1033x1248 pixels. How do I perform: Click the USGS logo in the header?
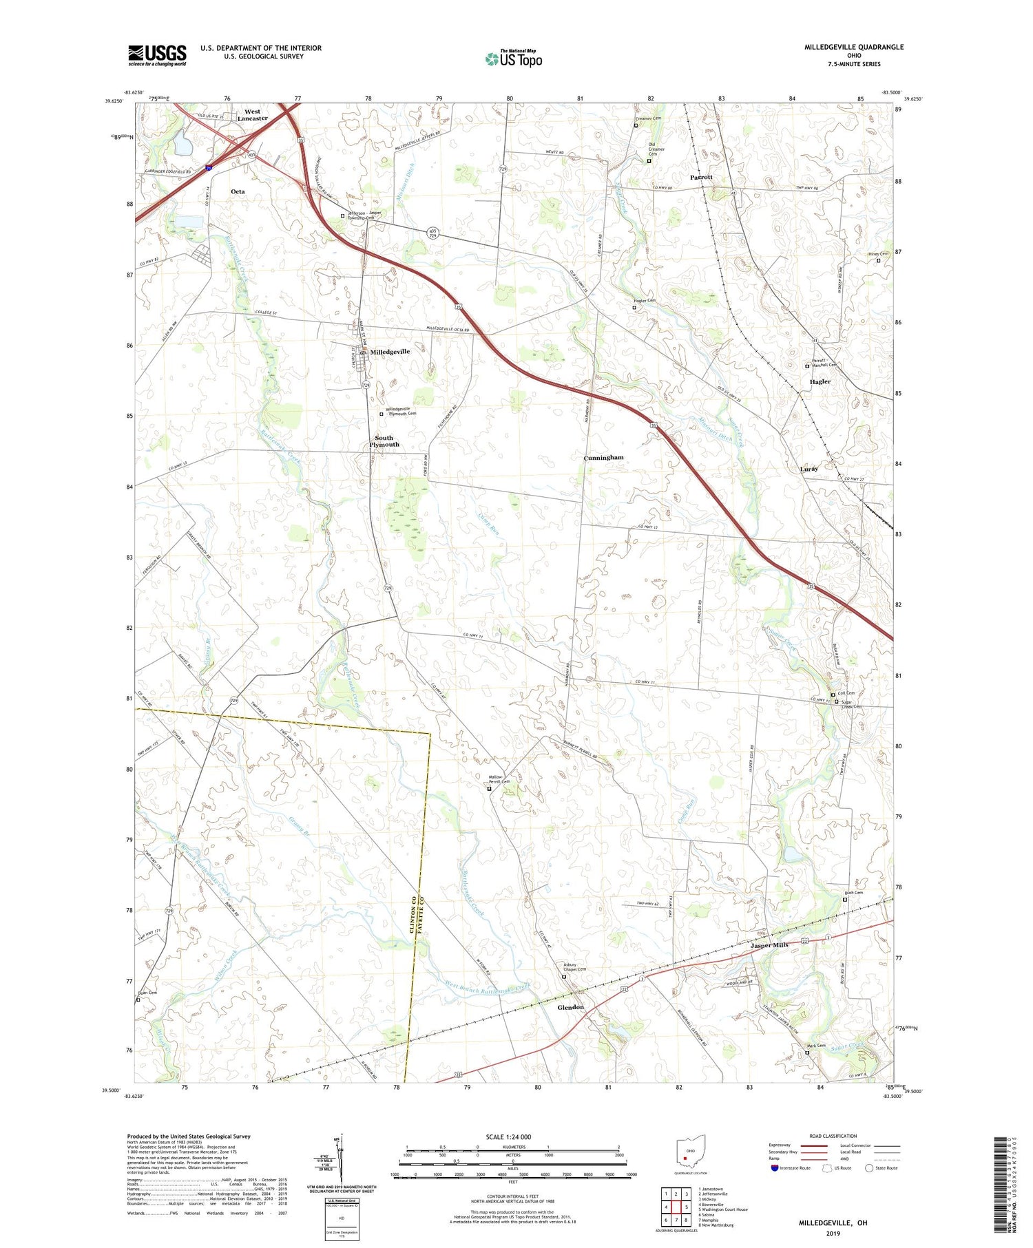(x=157, y=55)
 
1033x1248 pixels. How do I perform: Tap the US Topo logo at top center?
(x=513, y=59)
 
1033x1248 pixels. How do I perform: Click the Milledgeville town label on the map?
(x=390, y=352)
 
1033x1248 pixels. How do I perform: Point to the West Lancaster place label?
(x=252, y=115)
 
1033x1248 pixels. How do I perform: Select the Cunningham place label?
(x=603, y=458)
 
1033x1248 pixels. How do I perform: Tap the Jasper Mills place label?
(x=769, y=945)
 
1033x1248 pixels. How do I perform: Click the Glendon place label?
(x=570, y=1007)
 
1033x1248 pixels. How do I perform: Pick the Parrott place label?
(x=701, y=178)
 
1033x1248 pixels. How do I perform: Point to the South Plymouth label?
(x=384, y=441)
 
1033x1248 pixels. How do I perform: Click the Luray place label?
(x=808, y=469)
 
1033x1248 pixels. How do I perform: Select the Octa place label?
(x=238, y=191)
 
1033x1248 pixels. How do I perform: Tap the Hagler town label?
(x=820, y=381)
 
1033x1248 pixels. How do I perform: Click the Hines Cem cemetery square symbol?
(x=878, y=261)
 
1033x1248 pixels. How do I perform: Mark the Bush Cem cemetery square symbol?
(x=846, y=899)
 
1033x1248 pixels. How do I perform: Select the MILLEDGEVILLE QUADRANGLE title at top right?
(x=854, y=47)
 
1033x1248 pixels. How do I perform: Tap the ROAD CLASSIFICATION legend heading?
(x=833, y=1136)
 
